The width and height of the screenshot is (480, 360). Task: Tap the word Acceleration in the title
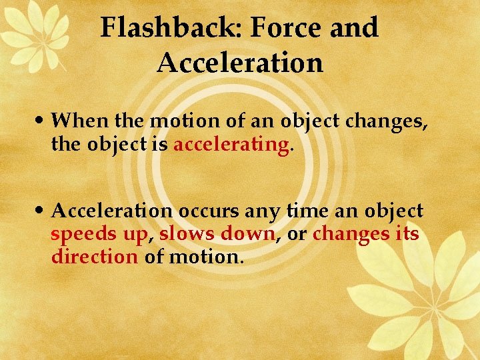(x=240, y=63)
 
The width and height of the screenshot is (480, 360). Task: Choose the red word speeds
(x=79, y=234)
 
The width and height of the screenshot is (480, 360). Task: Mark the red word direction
(x=95, y=256)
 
